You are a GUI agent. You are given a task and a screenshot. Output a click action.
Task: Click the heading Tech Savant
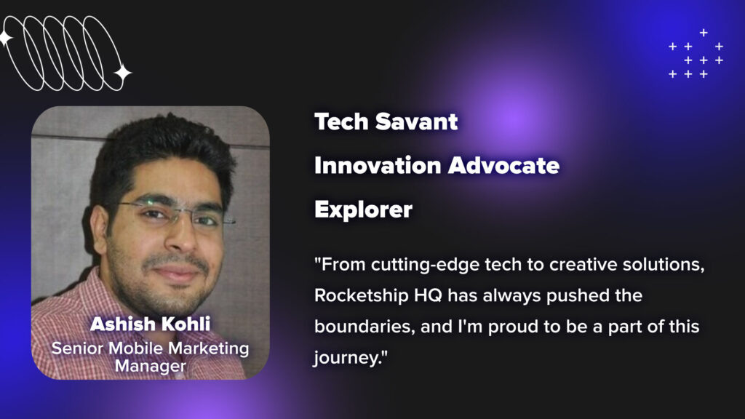click(x=386, y=121)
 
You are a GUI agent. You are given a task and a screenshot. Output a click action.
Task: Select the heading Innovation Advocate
click(x=437, y=166)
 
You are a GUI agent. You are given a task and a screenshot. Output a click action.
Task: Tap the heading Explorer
click(x=363, y=210)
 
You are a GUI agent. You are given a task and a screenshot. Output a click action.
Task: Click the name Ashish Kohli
click(x=150, y=324)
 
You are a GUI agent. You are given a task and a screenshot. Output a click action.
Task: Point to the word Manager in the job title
click(x=150, y=367)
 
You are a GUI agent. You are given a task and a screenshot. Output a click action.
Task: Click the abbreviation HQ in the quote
click(x=428, y=295)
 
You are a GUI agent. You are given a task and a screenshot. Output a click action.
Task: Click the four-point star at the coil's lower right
click(x=122, y=73)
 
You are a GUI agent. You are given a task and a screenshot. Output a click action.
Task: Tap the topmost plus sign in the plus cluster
click(x=704, y=32)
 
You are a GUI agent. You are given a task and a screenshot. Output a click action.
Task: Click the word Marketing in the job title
click(x=208, y=349)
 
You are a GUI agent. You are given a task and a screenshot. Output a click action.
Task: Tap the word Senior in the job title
click(x=77, y=348)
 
